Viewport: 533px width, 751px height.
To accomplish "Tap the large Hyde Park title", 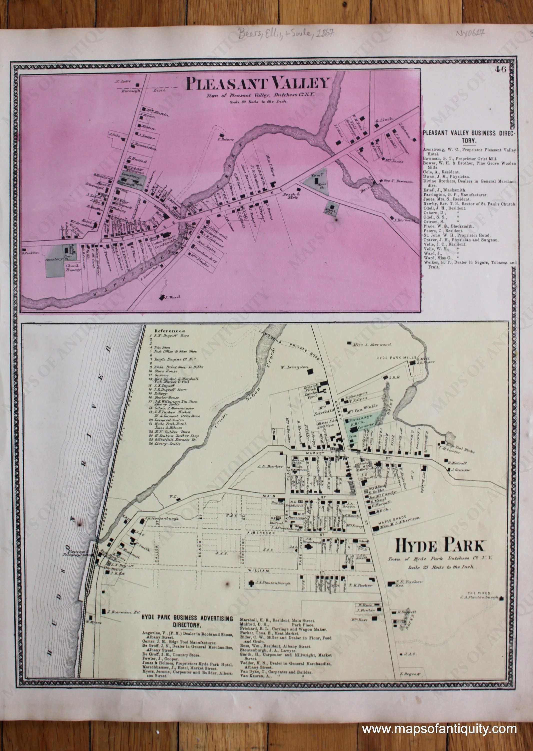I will coord(440,546).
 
